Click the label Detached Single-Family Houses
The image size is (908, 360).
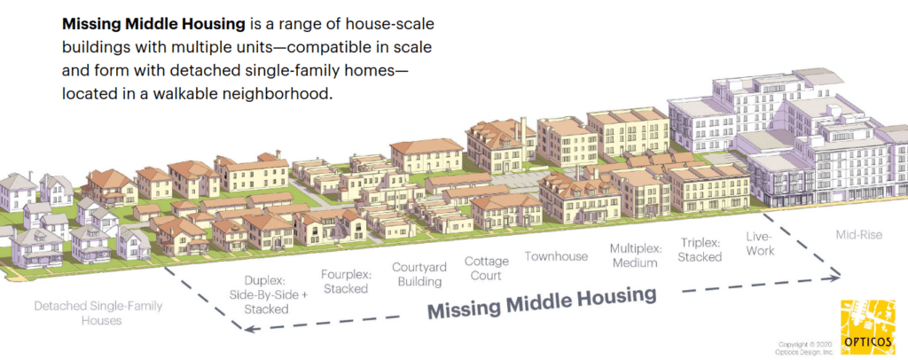pos(98,312)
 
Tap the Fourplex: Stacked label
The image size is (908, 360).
pos(346,281)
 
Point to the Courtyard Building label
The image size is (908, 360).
pos(419,274)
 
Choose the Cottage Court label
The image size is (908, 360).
pos(487,268)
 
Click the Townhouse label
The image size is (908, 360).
pos(556,256)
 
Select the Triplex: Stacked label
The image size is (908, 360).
pos(701,249)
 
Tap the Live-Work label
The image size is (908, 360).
pos(760,243)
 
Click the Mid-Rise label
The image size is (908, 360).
pos(858,235)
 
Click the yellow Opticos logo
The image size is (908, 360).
pos(866,325)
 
